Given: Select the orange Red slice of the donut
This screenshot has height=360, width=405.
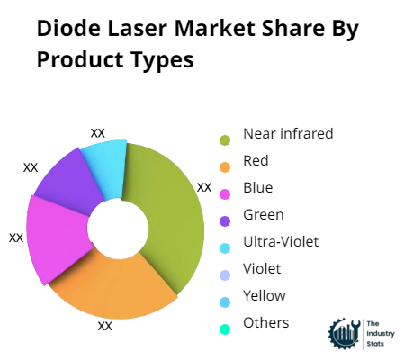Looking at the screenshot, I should click(112, 283).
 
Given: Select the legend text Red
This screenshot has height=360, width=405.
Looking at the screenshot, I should click(256, 161).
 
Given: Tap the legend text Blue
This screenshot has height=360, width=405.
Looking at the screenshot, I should click(257, 188).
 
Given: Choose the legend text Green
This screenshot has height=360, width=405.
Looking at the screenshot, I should click(263, 214).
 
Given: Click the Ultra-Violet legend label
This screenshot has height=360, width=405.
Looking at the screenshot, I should click(280, 241).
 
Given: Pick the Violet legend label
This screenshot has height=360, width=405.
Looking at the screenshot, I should click(262, 268).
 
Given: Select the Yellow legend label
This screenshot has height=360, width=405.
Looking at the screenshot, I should click(264, 295).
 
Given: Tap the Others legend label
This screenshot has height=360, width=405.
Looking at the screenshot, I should click(265, 322).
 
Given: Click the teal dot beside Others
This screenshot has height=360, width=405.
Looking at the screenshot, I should click(225, 328).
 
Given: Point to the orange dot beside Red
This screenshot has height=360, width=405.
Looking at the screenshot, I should click(225, 166).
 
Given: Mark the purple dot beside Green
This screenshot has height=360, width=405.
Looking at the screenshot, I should click(225, 220).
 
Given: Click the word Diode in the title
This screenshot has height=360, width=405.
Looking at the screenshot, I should click(67, 29).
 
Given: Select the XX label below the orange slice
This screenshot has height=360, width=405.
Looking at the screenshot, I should click(104, 326).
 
